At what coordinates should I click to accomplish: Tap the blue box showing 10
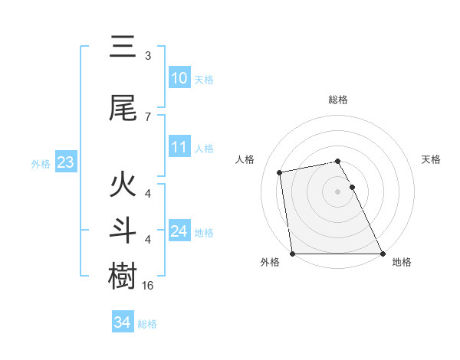click(x=179, y=78)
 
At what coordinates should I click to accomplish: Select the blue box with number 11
click(x=179, y=147)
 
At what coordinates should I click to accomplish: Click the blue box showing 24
click(x=179, y=231)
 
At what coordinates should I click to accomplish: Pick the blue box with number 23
click(x=65, y=162)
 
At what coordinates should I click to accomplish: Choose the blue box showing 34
click(x=122, y=322)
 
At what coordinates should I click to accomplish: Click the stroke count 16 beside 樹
click(x=149, y=285)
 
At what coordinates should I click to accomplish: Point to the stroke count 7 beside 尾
click(x=148, y=116)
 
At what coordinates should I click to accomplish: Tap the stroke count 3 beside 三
click(x=148, y=56)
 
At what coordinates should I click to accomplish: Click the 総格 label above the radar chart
click(x=338, y=100)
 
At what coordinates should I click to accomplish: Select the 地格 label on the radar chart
click(x=402, y=262)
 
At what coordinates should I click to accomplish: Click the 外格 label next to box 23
click(x=41, y=163)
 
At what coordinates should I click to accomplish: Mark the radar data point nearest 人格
click(x=281, y=172)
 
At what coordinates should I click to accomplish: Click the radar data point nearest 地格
click(x=383, y=253)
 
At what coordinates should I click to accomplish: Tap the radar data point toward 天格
click(x=352, y=186)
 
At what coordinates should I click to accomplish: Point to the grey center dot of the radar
click(x=338, y=191)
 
